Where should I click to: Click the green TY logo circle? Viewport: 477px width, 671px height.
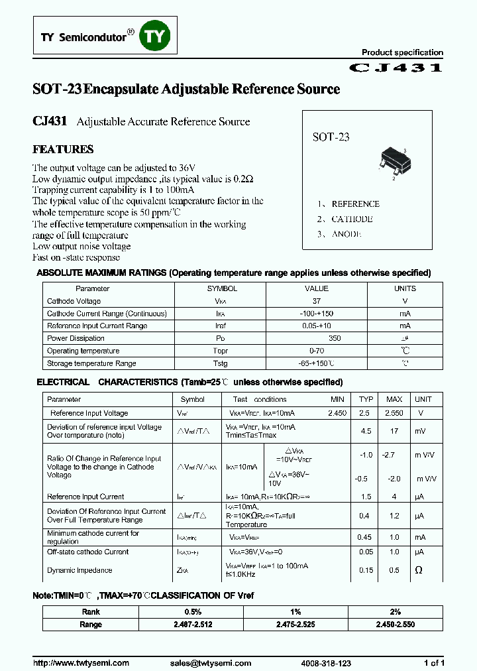coord(154,38)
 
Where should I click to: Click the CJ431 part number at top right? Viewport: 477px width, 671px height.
coord(396,68)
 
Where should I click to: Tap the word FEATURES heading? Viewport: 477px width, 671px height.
coord(63,149)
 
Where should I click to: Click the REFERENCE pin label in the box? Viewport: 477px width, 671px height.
coord(355,204)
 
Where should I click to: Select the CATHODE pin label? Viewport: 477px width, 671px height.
coord(352,219)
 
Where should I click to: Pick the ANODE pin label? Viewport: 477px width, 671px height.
coord(346,234)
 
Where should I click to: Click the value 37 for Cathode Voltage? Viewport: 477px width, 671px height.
coord(316,301)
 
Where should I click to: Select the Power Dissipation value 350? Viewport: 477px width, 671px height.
coord(316,338)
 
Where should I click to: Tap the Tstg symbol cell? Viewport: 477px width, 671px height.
coord(221,363)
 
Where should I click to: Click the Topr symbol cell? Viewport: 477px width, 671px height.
coord(221,351)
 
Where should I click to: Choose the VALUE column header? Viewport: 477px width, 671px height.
coord(316,288)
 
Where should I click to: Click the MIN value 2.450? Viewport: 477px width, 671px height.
coord(337,413)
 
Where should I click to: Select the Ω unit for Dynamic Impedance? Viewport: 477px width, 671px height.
coord(418,570)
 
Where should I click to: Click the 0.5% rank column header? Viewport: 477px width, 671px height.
coord(191,612)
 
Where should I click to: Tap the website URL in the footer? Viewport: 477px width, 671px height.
coord(81,663)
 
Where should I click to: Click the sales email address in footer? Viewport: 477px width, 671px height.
coord(210,663)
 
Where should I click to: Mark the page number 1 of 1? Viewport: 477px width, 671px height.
coord(434,663)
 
